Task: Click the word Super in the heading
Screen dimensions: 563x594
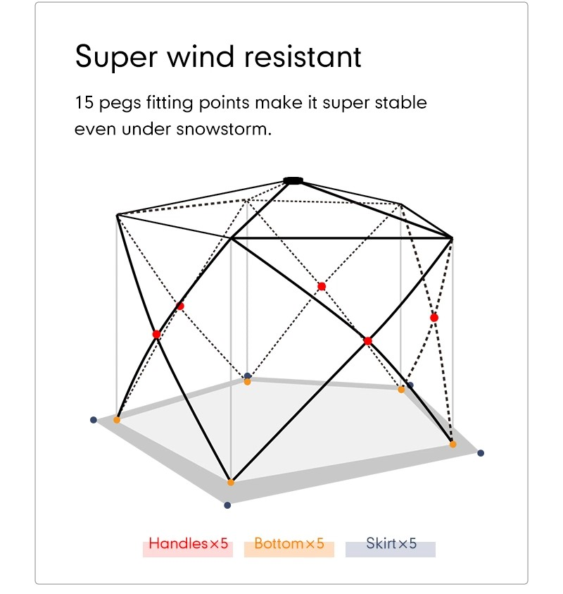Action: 116,57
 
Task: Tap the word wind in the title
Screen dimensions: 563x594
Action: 201,56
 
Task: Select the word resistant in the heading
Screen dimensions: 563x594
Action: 303,56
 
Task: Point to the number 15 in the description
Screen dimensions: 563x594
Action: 84,102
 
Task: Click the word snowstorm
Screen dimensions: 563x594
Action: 224,129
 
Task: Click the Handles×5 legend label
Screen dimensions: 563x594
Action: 188,543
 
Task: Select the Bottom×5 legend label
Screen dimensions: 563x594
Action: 289,543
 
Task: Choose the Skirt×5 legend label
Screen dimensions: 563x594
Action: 391,543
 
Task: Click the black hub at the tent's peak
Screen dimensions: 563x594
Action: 293,180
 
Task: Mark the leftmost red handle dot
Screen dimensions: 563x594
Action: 156,334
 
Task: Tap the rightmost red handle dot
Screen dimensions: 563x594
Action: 434,318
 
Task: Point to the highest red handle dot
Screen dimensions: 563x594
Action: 321,286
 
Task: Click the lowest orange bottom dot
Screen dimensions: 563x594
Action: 230,483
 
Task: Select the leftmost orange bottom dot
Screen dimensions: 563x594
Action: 117,420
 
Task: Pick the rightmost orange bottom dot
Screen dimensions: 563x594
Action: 453,445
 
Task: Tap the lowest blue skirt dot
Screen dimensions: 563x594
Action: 227,505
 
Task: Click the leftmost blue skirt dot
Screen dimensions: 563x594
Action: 94,420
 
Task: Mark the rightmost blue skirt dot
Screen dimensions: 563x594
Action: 481,453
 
